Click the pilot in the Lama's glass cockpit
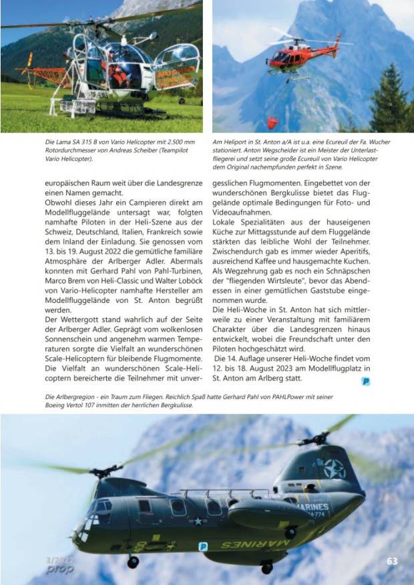click(121, 72)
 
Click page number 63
click(393, 561)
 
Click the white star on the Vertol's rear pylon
click(335, 468)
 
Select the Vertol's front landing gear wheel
click(133, 562)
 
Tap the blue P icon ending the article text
click(366, 382)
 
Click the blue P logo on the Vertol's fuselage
click(203, 546)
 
